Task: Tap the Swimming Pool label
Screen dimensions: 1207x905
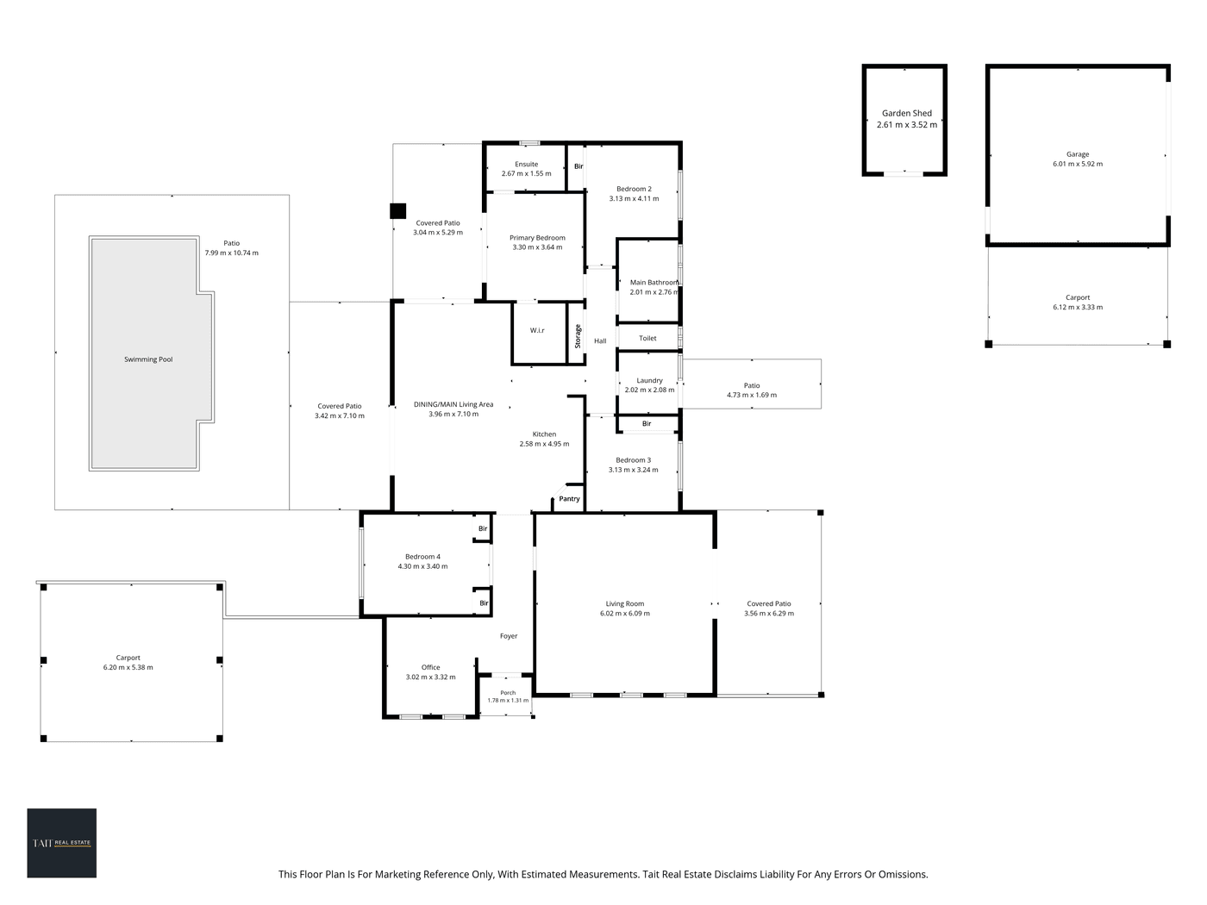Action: [x=148, y=359]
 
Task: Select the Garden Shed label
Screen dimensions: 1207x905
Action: [x=907, y=113]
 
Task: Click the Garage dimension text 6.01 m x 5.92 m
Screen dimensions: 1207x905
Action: [x=1077, y=164]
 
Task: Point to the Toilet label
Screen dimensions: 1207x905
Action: [x=647, y=339]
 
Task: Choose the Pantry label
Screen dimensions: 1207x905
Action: [x=569, y=499]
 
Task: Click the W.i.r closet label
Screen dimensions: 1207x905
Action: [x=537, y=330]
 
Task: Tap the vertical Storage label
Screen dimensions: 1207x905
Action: [x=578, y=336]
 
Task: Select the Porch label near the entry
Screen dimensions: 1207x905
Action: [x=508, y=693]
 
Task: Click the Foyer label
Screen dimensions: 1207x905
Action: [x=508, y=636]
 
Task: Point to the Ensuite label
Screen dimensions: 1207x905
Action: [x=526, y=165]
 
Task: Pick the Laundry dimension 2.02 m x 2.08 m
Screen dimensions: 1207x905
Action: [x=649, y=390]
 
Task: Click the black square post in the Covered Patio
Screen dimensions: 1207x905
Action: [x=397, y=211]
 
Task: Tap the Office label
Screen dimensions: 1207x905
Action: [x=430, y=668]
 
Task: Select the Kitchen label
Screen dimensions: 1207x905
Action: [x=544, y=434]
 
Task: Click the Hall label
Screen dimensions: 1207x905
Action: [x=600, y=341]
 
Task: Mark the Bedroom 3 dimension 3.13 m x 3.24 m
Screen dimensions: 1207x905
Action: [x=633, y=470]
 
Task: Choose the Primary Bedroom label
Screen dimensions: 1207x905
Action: [x=537, y=238]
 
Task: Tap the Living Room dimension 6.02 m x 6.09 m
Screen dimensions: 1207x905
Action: [x=625, y=613]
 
